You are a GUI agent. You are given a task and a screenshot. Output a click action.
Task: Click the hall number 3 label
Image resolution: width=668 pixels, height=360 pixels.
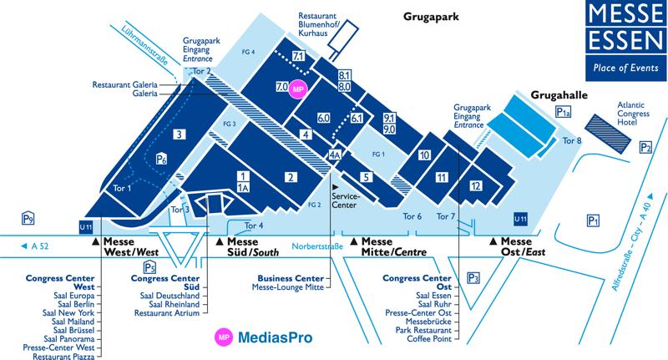[x=180, y=134]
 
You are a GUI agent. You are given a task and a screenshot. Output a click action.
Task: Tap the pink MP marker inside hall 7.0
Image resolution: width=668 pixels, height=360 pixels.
[x=298, y=89]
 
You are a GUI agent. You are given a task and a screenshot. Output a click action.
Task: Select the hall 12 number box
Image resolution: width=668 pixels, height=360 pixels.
[x=476, y=185]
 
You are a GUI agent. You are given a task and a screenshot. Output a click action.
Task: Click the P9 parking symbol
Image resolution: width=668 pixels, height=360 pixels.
[x=28, y=219]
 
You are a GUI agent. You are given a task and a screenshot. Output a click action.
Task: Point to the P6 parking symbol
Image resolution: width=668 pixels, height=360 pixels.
[x=161, y=159]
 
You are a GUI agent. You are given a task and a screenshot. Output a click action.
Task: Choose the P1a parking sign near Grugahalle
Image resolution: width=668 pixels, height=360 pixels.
[x=563, y=112]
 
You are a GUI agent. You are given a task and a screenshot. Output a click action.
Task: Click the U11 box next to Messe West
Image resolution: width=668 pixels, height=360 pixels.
[x=86, y=227]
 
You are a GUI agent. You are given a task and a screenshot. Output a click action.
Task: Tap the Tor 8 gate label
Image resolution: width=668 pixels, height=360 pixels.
[x=572, y=140]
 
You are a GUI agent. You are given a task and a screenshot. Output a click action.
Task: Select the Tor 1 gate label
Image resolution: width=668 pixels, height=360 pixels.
[x=122, y=188]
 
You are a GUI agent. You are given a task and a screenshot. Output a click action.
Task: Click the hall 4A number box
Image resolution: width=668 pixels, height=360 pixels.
[x=335, y=155]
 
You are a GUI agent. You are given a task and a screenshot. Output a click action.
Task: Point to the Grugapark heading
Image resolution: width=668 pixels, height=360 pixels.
[x=431, y=17]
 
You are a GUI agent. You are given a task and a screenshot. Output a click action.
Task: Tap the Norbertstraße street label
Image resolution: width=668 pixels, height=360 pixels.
[x=317, y=246]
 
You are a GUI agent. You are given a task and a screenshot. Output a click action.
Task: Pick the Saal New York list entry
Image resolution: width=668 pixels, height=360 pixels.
[x=68, y=312]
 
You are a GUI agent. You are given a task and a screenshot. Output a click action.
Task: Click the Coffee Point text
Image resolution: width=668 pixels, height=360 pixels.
[x=429, y=338]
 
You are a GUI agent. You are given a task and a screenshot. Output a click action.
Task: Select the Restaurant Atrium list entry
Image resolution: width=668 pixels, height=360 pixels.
[x=167, y=312]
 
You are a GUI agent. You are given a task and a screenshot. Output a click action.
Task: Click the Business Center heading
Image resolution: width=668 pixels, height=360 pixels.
[x=291, y=279]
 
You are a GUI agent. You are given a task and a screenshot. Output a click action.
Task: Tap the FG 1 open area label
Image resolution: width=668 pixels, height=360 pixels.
[x=378, y=155]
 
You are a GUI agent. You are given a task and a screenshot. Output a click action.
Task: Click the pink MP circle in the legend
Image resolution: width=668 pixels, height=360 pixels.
[x=224, y=337]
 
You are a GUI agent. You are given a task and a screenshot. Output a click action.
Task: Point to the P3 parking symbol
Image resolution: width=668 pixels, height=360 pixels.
[x=473, y=278]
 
